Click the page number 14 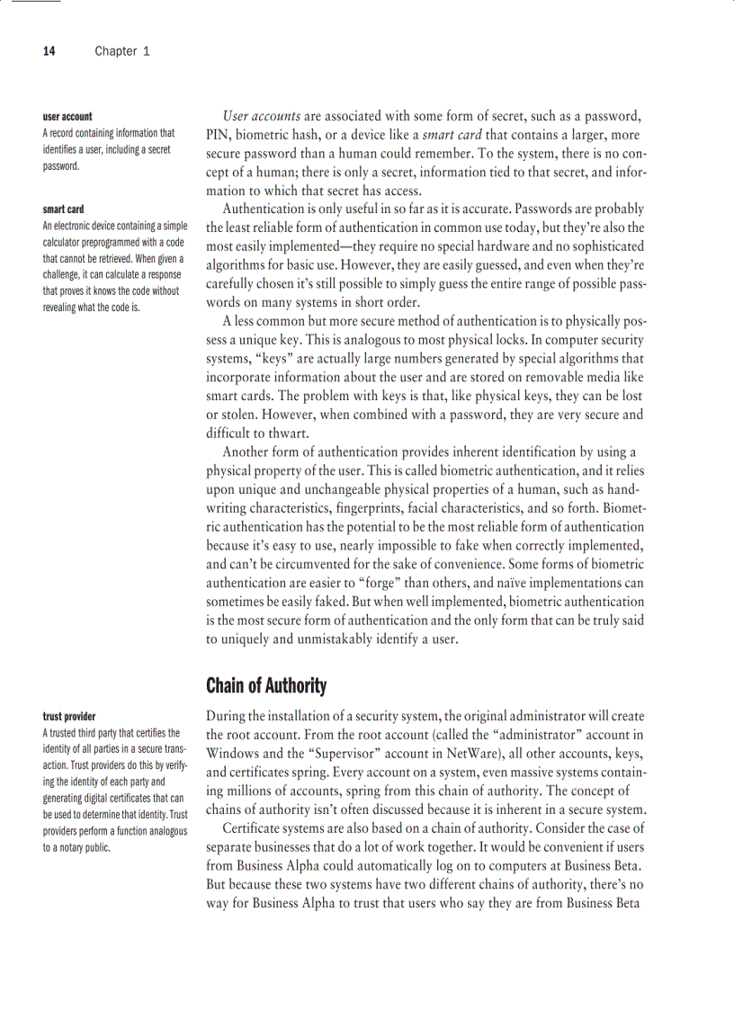(49, 51)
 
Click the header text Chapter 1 (122, 51)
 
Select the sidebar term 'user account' (67, 117)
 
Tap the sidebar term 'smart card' (63, 210)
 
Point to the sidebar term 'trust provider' (69, 717)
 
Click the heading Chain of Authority (265, 686)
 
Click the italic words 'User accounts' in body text (261, 117)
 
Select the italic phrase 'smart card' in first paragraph (452, 135)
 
